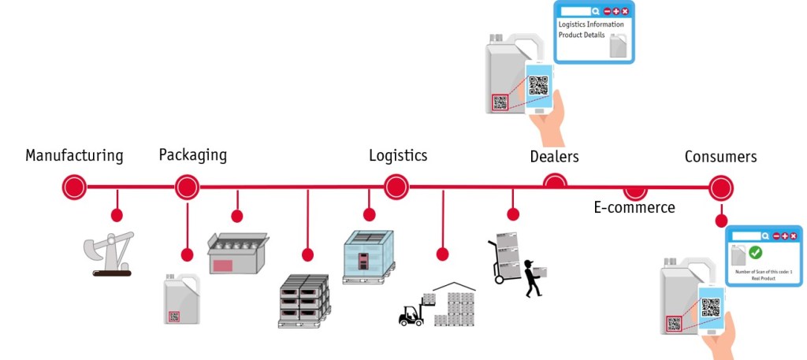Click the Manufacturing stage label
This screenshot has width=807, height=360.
[x=74, y=155]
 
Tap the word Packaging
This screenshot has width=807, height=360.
[x=192, y=154]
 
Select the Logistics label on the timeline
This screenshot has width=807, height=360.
[x=398, y=155]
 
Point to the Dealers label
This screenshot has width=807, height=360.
[x=554, y=157]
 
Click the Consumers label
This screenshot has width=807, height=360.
[x=720, y=157]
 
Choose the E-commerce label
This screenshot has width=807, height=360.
[x=634, y=207]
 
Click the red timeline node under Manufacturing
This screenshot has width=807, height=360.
[x=74, y=187]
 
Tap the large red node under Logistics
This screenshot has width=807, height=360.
[x=396, y=187]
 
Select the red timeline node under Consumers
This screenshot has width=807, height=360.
[x=720, y=187]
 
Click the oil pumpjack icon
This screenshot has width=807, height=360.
[x=110, y=252]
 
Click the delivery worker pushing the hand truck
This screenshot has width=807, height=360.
[x=533, y=276]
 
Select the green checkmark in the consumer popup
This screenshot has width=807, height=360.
[x=755, y=253]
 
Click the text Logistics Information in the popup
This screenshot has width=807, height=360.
[x=592, y=24]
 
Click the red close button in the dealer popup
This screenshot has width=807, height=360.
[x=625, y=11]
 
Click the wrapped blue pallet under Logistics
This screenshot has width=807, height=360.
[x=368, y=257]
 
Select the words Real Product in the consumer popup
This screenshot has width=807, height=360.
[x=763, y=278]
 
